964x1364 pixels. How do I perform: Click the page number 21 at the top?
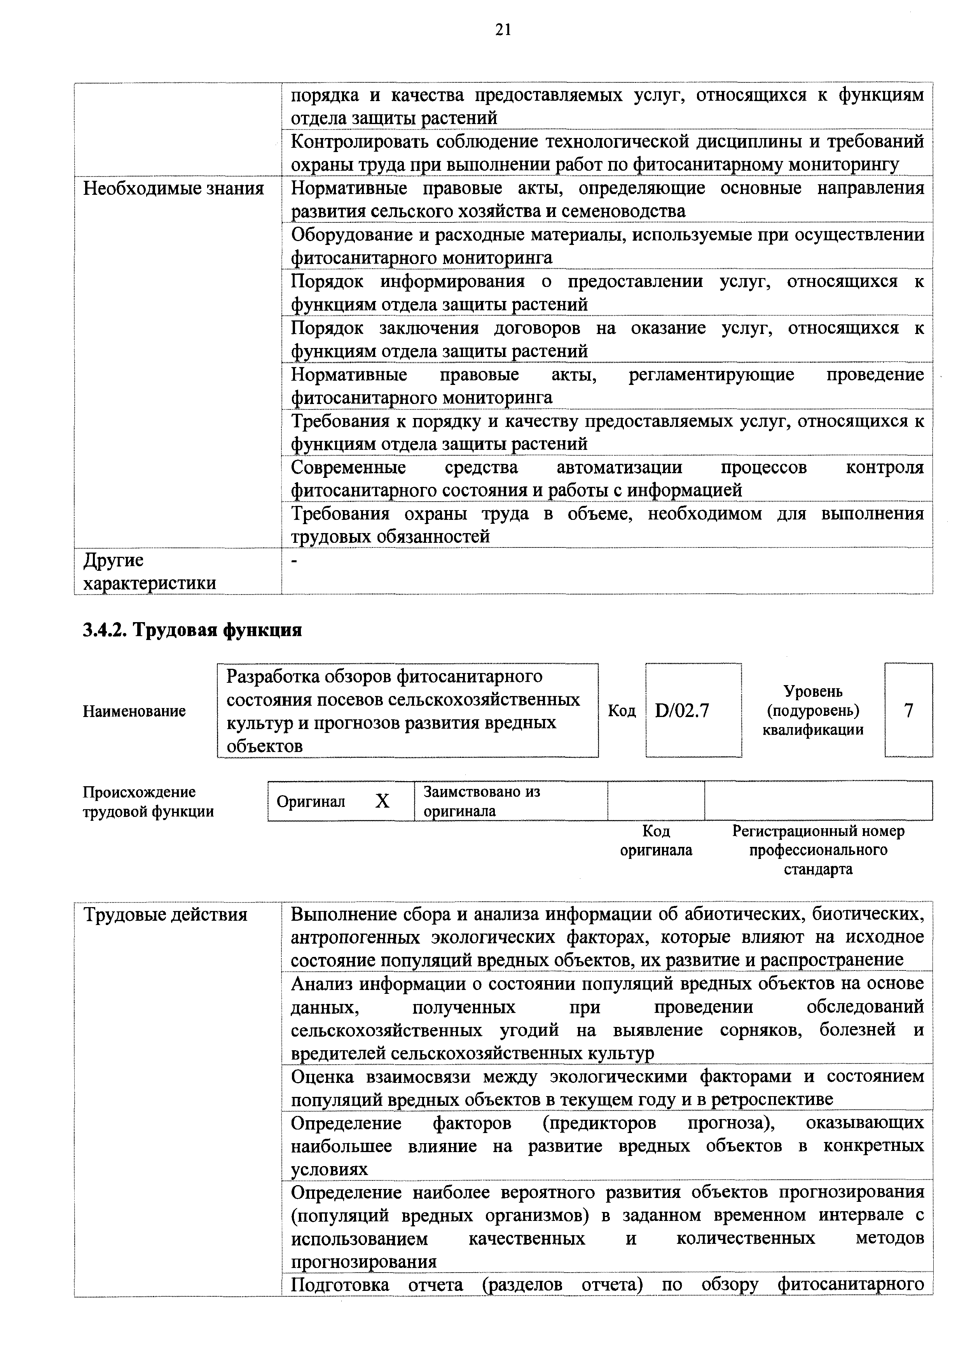503,30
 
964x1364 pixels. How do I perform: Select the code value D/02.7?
682,710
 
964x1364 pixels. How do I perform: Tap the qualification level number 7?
908,710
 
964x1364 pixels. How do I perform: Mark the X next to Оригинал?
382,801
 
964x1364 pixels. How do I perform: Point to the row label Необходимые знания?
173,189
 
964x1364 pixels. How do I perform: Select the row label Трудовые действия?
165,914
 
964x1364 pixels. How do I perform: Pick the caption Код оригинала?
656,840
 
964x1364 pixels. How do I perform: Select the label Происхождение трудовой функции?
148,801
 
